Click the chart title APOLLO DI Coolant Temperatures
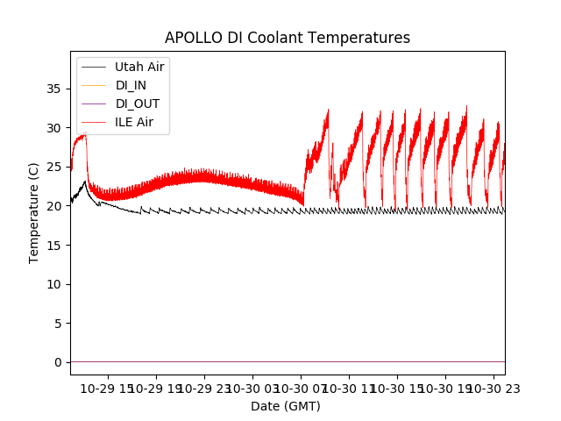[x=288, y=39]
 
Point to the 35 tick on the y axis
[x=54, y=89]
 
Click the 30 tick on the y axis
[x=54, y=128]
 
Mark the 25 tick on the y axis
[x=54, y=167]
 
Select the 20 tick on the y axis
[x=54, y=206]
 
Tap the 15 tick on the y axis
[x=54, y=245]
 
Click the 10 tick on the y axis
[x=54, y=284]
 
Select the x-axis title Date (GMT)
[x=286, y=406]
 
